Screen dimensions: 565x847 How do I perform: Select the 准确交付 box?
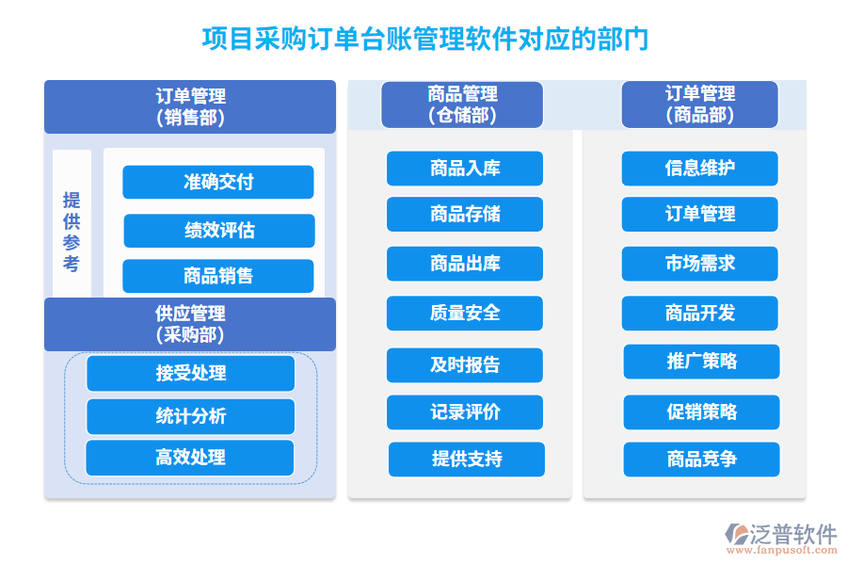click(218, 182)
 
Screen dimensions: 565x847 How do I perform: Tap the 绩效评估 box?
click(219, 231)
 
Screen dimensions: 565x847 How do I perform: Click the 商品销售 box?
click(218, 276)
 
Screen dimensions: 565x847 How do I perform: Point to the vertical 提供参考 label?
click(72, 232)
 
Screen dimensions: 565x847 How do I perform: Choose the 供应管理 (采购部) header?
click(190, 324)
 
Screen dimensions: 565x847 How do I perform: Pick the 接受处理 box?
click(191, 373)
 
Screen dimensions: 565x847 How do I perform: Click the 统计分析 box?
click(191, 416)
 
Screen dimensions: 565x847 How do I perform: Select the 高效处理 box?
click(190, 458)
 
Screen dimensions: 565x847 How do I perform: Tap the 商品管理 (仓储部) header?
click(462, 105)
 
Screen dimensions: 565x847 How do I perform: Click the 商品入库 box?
click(465, 169)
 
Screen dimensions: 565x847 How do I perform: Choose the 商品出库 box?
click(465, 264)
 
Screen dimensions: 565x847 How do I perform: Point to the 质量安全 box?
click(465, 313)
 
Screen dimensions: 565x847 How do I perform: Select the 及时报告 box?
click(465, 364)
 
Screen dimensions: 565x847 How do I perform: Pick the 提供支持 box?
click(467, 460)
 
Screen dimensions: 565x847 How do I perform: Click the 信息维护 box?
click(700, 169)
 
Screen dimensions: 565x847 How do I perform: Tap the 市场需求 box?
click(700, 264)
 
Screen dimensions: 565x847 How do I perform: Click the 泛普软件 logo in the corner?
click(780, 539)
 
